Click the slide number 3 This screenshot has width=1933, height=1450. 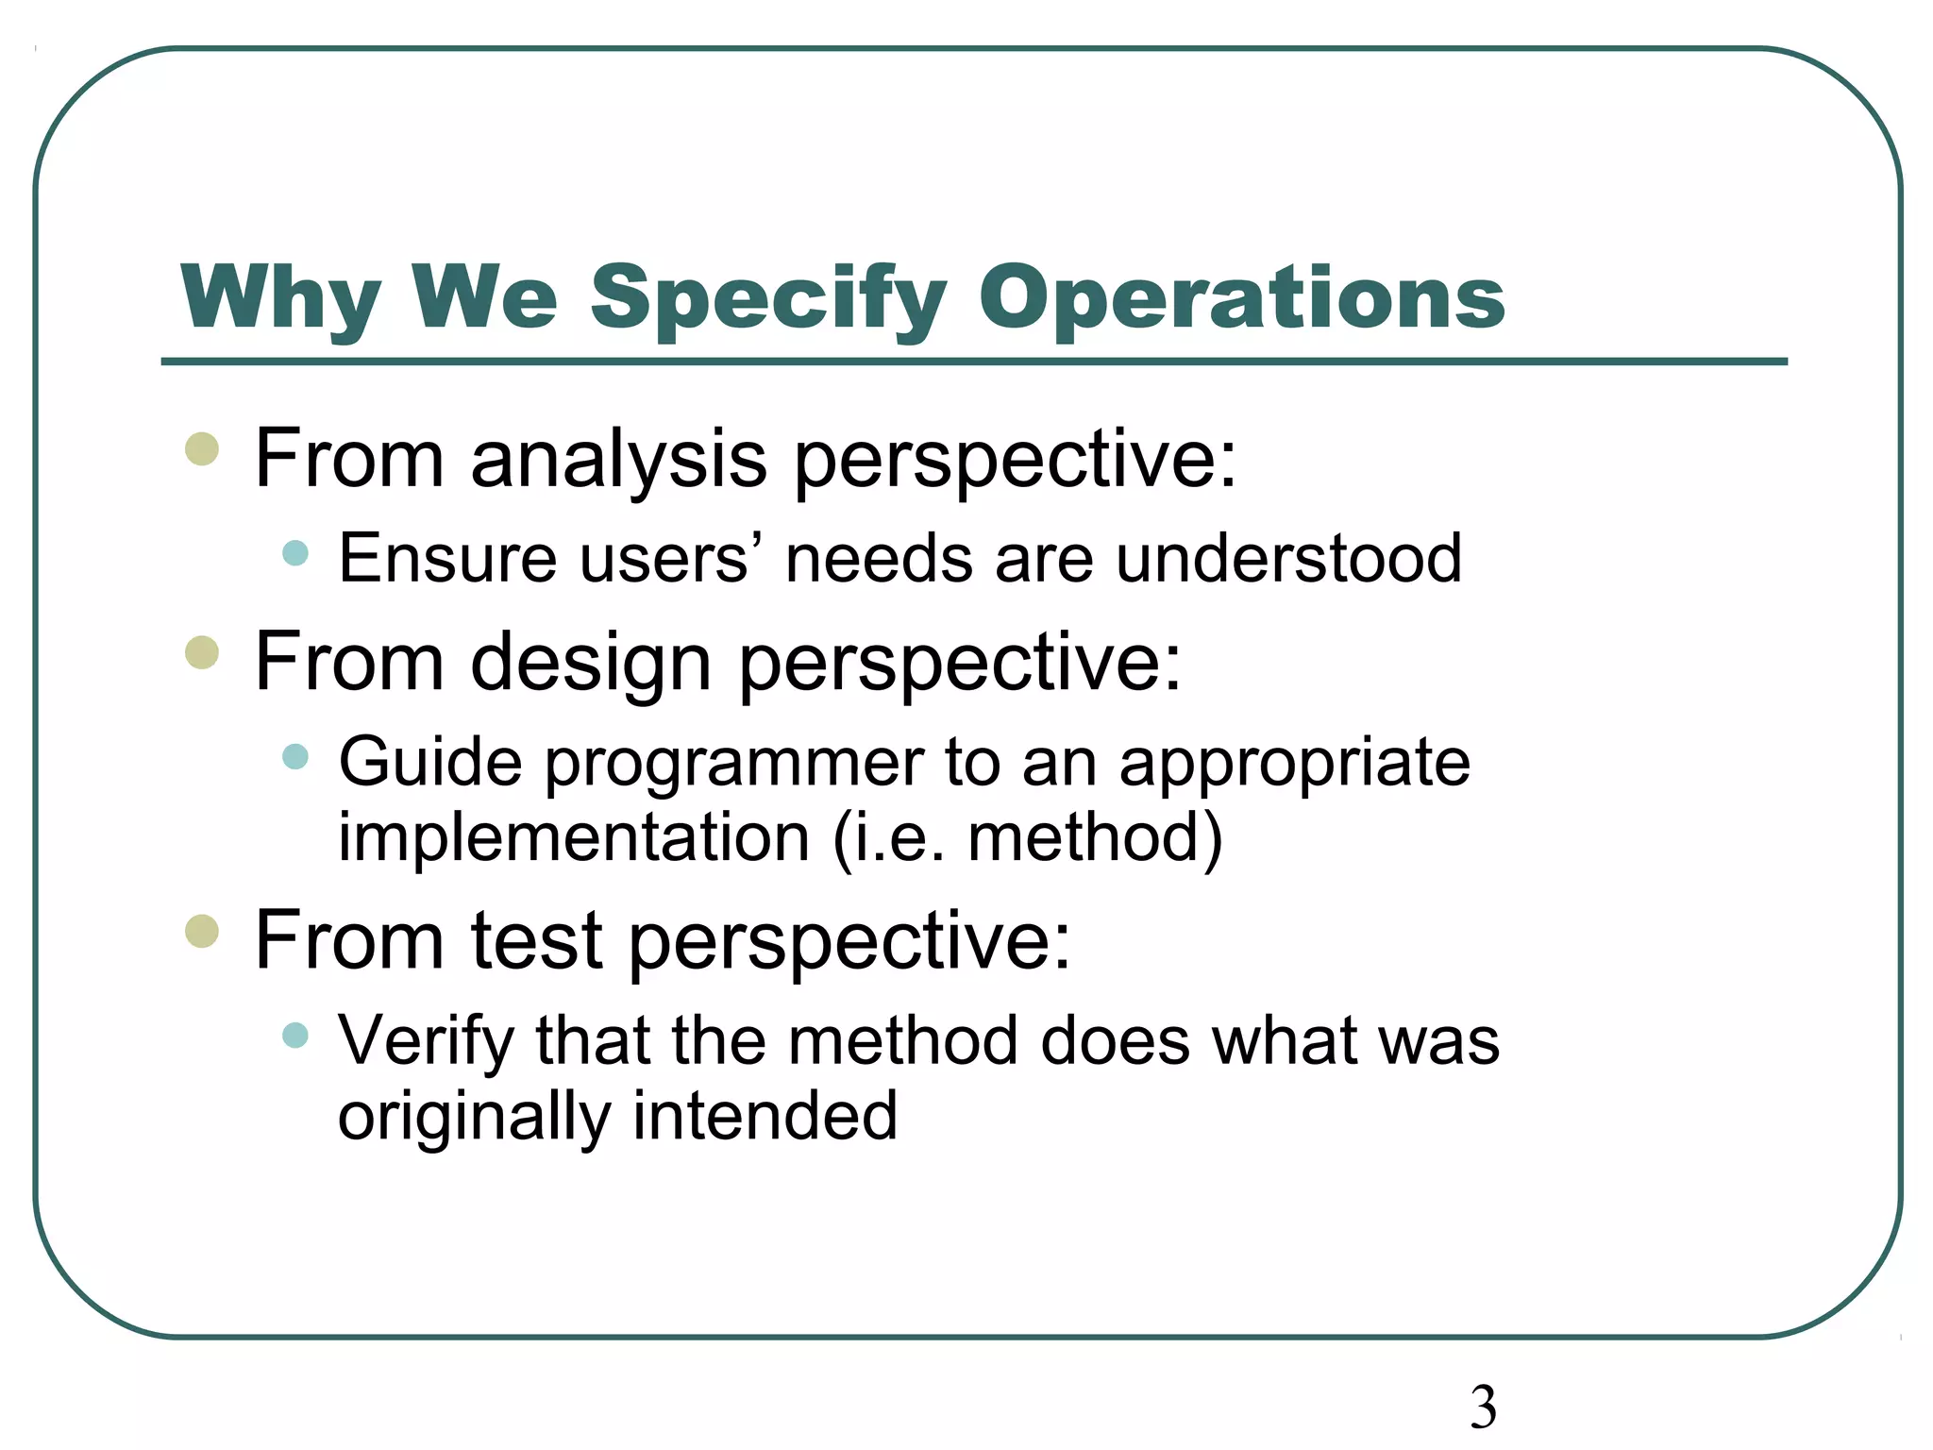1483,1407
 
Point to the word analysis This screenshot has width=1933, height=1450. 618,460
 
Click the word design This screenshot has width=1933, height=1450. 590,663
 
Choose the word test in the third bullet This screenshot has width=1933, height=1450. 536,940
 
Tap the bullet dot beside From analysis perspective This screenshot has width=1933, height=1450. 202,449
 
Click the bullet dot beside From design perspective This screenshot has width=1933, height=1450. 202,652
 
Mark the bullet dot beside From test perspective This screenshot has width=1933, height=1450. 202,931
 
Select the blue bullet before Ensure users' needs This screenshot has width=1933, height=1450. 295,553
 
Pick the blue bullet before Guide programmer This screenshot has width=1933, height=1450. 295,756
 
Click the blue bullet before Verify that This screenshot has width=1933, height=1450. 295,1035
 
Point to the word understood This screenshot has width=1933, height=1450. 1288,559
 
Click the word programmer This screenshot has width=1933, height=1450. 734,763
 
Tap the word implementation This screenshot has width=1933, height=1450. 574,837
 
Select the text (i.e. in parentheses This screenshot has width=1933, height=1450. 888,837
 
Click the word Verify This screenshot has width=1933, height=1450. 426,1041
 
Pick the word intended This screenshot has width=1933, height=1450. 765,1116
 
